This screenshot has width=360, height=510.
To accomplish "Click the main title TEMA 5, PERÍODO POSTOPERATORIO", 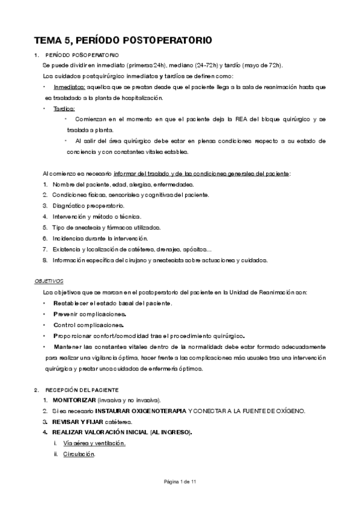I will pos(123,40).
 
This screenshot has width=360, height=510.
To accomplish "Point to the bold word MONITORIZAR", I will pos(74,400).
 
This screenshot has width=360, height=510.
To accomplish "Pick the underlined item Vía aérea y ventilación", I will pos(94,443).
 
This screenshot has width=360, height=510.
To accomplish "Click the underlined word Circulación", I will pos(79,454).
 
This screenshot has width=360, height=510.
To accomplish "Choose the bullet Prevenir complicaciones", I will pos(89,314).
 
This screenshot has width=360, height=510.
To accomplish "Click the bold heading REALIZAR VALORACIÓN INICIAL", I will pos(121,432).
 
